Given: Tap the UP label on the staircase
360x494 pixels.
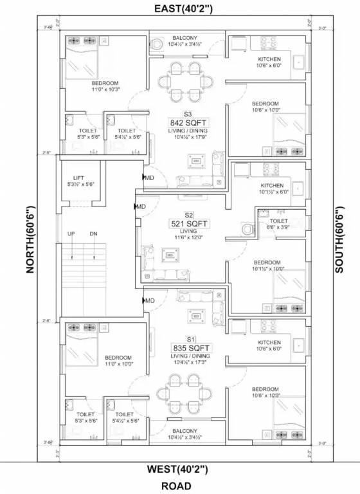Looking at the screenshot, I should pos(71,233).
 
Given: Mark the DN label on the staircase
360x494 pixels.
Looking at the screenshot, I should pos(93,233).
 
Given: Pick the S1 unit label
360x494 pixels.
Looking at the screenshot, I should pos(190,338).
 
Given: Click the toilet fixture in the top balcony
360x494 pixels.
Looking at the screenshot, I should pos(157,45).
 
